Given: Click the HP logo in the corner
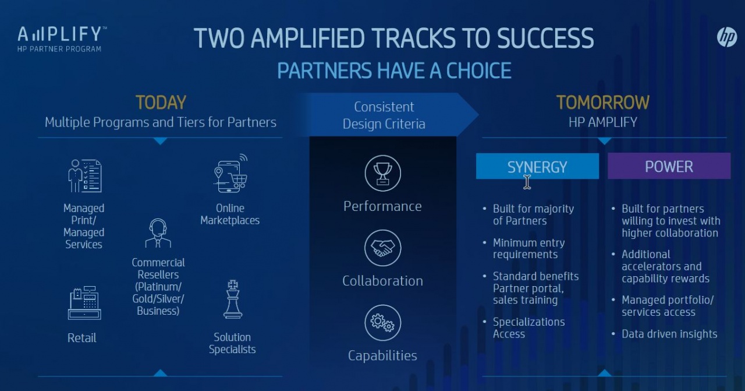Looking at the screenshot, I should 727,37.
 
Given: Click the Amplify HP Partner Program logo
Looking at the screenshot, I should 62,38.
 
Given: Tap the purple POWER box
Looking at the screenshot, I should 669,167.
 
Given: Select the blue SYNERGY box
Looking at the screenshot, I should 537,167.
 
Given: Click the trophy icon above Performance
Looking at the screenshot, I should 382,173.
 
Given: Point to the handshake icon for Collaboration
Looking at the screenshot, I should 382,248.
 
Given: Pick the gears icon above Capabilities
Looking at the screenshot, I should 382,322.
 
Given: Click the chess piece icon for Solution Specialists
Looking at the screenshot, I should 233,300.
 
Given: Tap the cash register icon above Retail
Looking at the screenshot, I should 84,303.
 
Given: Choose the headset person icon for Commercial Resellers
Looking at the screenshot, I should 158,234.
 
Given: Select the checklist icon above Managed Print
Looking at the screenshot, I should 84,176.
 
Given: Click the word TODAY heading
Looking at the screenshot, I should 160,103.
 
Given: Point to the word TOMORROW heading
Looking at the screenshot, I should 602,103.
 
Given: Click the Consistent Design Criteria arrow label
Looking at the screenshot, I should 384,115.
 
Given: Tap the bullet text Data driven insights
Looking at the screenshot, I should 669,334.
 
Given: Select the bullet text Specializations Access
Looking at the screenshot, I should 528,328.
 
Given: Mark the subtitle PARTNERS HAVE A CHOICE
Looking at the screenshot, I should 394,71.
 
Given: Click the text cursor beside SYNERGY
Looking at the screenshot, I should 527,182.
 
